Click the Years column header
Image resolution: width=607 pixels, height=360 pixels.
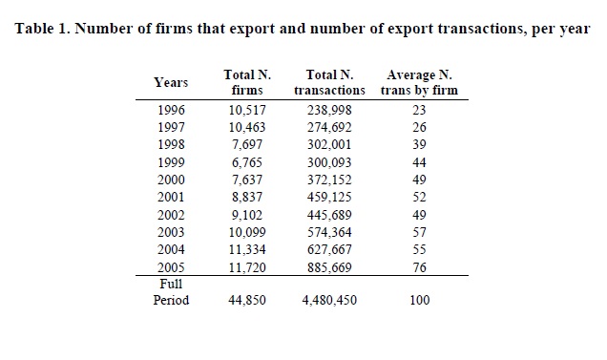[171, 82]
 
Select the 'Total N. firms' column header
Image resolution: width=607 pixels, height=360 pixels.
[247, 82]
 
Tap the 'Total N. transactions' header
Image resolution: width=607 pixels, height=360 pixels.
[329, 82]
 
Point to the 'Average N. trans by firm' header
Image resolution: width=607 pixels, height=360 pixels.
[419, 82]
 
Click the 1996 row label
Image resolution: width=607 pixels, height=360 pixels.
[171, 110]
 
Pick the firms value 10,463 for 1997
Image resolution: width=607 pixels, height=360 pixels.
[247, 128]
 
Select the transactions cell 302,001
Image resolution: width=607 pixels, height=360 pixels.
[329, 144]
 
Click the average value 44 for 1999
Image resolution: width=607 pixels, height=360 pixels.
[419, 162]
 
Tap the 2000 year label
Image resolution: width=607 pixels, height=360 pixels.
[171, 180]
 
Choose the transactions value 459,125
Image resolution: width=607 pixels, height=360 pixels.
[329, 198]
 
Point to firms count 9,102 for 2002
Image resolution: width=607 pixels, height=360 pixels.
[247, 215]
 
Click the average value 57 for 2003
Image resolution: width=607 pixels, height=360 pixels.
[419, 232]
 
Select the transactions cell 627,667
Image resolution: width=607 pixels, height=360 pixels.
[329, 249]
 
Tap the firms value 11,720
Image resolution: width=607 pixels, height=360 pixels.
[247, 267]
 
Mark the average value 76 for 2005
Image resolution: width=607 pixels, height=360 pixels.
[419, 267]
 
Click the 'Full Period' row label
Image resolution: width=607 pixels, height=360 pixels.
[171, 292]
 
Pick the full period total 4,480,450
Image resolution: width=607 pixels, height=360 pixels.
[329, 301]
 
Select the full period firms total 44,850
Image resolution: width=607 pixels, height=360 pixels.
[247, 301]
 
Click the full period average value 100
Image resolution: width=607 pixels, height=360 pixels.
[420, 301]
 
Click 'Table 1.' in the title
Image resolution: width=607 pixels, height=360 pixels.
[42, 29]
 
